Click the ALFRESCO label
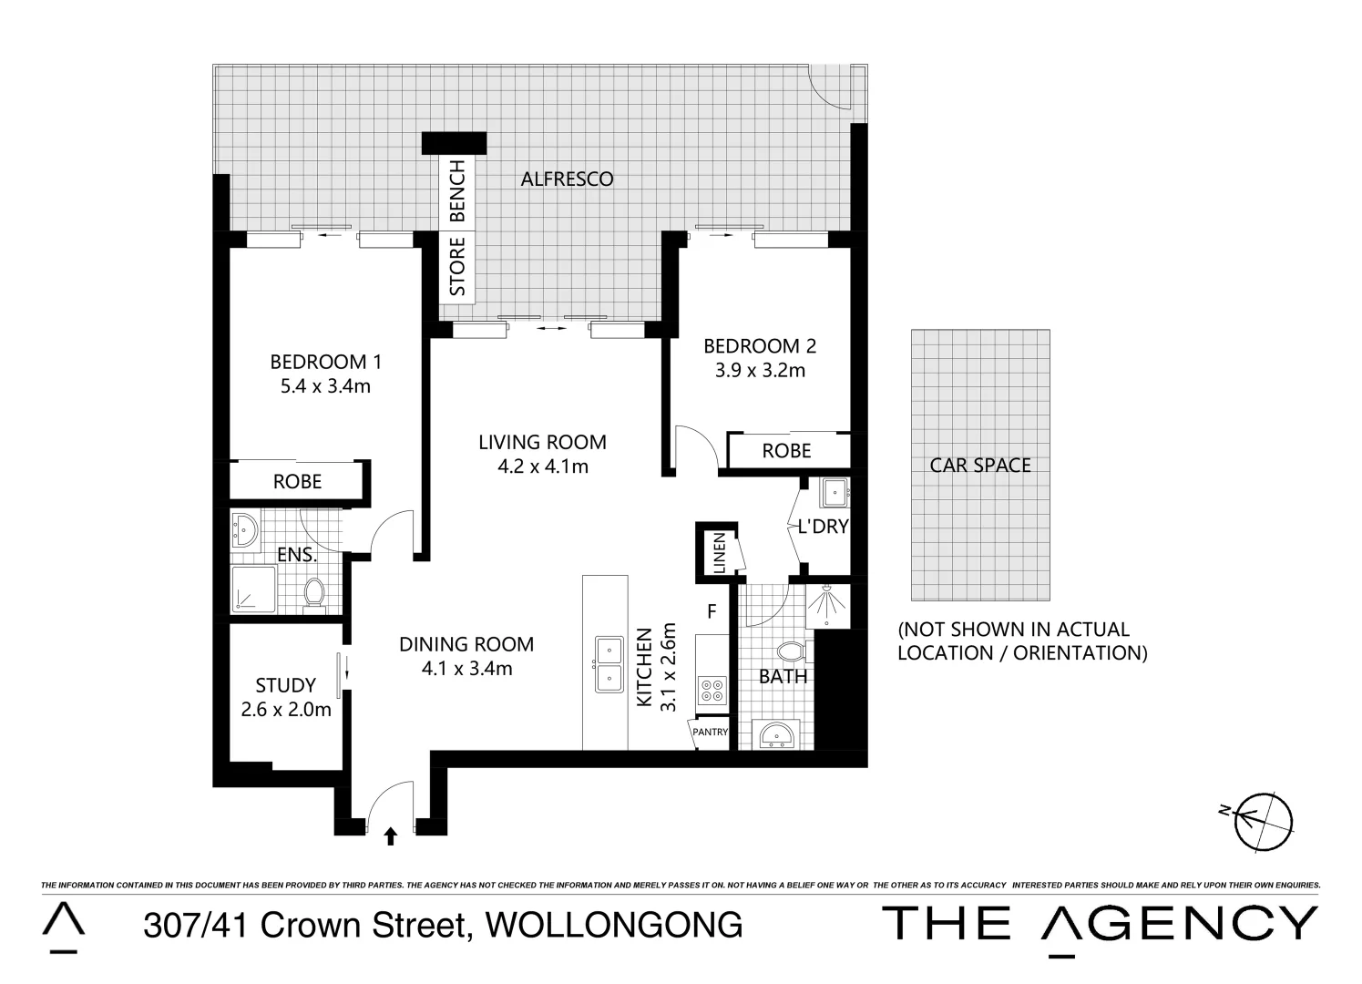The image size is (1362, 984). [567, 179]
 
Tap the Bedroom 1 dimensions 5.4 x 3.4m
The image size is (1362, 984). [325, 386]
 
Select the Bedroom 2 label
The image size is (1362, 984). [760, 346]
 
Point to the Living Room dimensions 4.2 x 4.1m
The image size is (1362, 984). [542, 466]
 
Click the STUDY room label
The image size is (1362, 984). [285, 685]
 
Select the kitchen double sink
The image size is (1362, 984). [608, 664]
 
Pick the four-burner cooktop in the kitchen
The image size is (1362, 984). [711, 690]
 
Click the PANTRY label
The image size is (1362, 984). [711, 732]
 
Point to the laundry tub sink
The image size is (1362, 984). [835, 493]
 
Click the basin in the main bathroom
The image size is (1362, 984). [775, 733]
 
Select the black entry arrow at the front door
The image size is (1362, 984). [391, 835]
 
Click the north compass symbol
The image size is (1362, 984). [1263, 819]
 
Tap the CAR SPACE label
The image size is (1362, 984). [980, 466]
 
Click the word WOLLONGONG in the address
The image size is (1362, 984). [614, 926]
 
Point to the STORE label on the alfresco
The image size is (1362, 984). [457, 266]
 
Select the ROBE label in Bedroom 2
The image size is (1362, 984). [786, 451]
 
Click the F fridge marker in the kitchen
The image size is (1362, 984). [712, 611]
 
